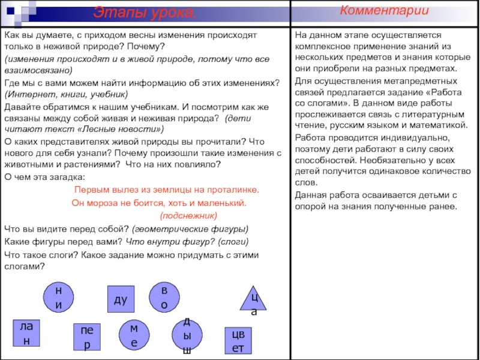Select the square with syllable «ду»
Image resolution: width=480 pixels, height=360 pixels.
121,298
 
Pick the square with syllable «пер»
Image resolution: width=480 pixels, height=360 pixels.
87,338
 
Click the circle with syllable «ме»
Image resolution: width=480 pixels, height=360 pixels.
134,335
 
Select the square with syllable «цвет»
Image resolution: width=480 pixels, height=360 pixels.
238,340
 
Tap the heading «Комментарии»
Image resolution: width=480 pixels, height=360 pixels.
385,11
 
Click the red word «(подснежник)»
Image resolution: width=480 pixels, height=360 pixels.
188,215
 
